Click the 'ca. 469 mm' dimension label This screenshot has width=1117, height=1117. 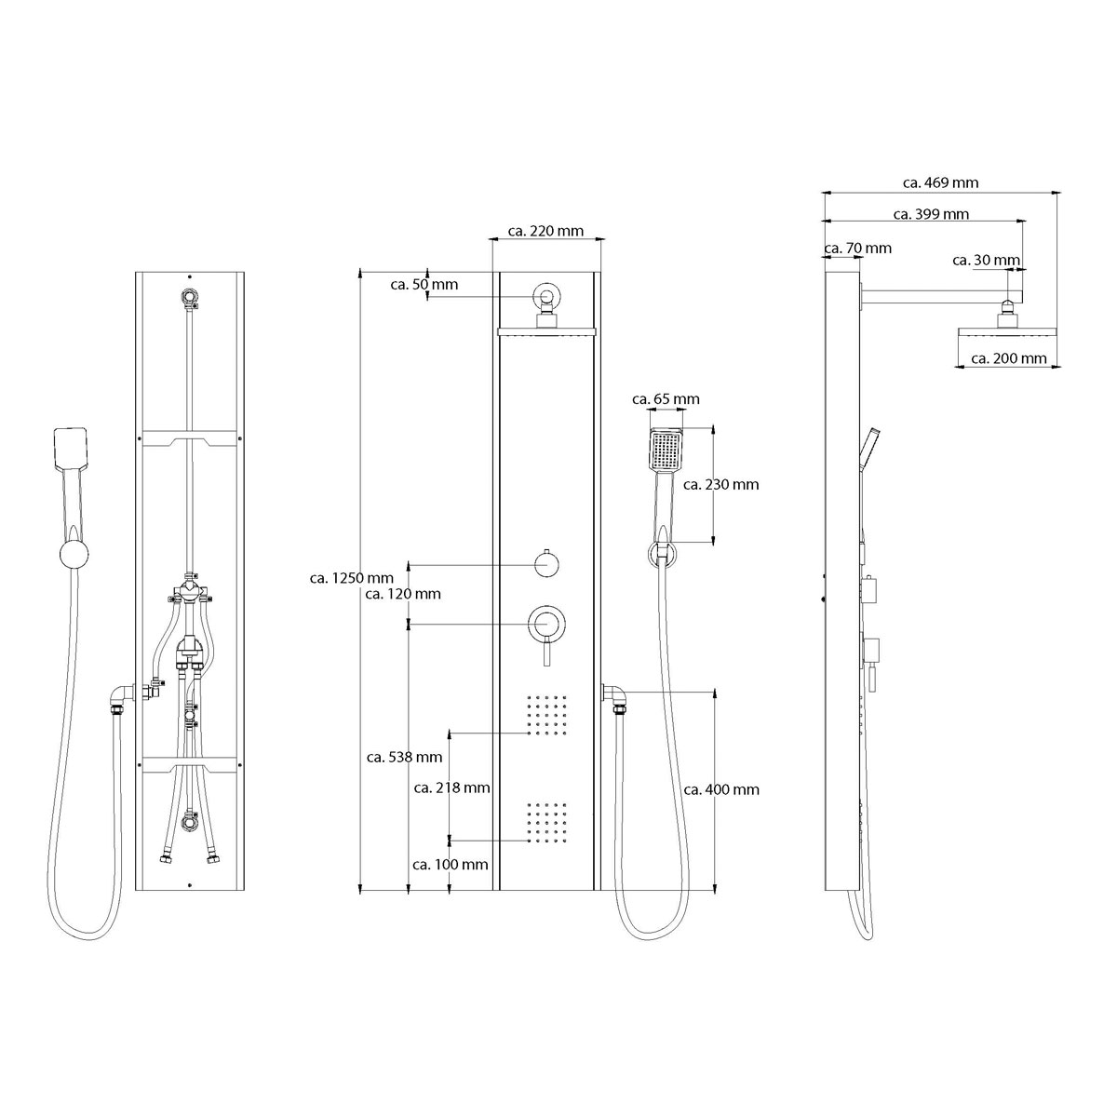tap(939, 183)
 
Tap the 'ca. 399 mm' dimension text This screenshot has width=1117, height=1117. tap(930, 214)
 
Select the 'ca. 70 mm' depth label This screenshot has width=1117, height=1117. tap(857, 249)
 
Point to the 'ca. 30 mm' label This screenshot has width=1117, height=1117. tap(986, 261)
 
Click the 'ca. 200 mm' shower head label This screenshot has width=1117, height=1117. tap(1009, 358)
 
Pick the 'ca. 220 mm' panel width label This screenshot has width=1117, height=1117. tap(545, 231)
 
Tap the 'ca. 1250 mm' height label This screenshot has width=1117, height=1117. tap(351, 578)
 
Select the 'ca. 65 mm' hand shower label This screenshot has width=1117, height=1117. tap(666, 399)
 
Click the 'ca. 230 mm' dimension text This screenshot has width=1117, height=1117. tap(720, 485)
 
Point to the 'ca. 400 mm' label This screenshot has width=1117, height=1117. tap(721, 789)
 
